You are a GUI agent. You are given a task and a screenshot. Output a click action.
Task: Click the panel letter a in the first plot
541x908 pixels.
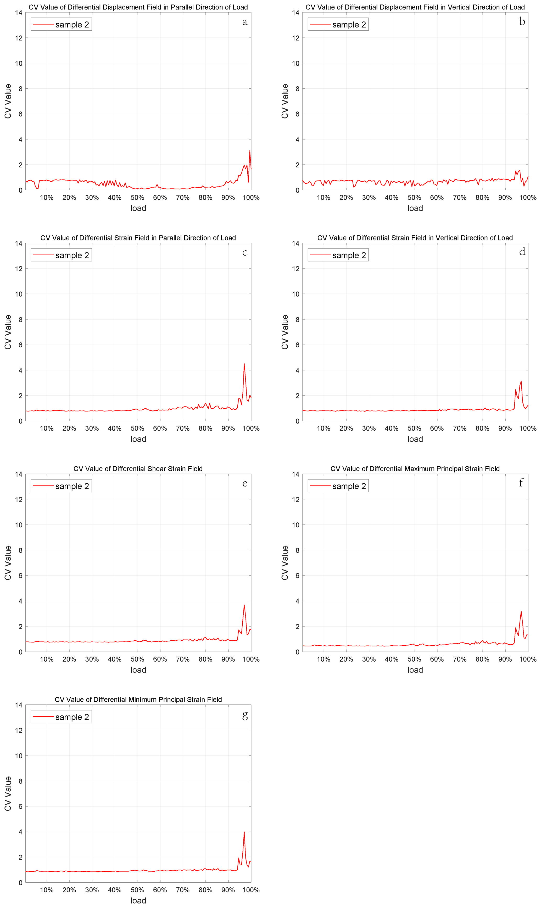point(245,22)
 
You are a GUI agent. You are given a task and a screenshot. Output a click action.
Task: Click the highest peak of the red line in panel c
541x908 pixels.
point(244,364)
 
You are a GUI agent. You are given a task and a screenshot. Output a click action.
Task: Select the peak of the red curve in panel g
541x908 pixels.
point(244,832)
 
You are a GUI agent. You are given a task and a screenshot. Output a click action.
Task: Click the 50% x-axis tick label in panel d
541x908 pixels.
point(415,428)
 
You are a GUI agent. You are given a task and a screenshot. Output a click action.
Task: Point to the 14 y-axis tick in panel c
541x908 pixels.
point(19,243)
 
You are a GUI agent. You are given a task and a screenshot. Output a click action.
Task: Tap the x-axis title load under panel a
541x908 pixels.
point(138,208)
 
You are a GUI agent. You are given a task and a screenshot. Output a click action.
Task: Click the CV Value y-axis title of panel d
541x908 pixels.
point(285,332)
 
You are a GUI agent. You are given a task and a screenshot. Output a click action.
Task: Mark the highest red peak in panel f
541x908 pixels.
point(521,612)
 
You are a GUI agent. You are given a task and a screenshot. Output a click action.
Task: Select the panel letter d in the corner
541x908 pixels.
point(522,252)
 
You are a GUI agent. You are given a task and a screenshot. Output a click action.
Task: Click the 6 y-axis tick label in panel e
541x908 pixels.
point(20,576)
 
